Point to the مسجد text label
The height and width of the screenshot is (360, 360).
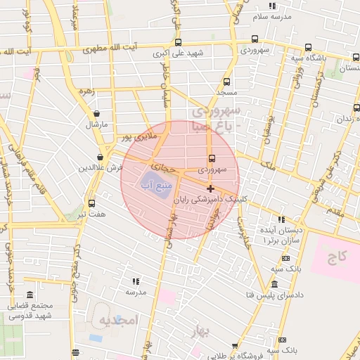pyautogui.click(x=226, y=93)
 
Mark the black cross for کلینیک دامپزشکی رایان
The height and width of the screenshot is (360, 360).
pyautogui.click(x=210, y=188)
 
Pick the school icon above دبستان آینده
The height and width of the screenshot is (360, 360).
pyautogui.click(x=281, y=219)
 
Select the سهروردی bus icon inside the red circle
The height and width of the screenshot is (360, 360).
pyautogui.click(x=212, y=158)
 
